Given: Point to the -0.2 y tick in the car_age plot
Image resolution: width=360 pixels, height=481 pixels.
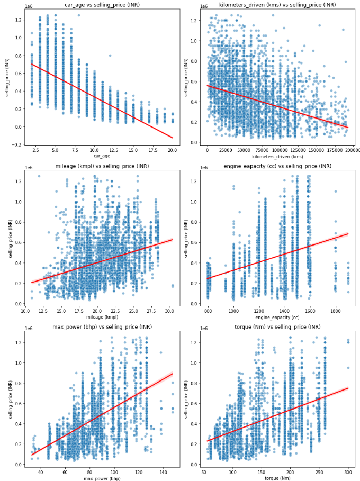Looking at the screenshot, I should tap(17, 144).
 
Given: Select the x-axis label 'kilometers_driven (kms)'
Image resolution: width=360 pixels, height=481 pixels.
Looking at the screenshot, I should tap(278, 156).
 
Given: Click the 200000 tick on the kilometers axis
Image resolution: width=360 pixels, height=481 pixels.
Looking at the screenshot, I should tap(353, 150).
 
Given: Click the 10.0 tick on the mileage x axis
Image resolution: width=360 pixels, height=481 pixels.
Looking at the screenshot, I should tap(25, 311).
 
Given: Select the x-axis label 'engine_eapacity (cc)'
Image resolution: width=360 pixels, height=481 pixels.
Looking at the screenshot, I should tap(278, 317).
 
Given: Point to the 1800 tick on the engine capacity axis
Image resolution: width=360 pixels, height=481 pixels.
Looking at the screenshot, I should tap(336, 311).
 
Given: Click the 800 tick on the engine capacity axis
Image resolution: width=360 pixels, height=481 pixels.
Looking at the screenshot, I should tap(208, 311).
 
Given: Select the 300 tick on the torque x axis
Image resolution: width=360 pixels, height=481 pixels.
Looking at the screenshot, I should tap(348, 472).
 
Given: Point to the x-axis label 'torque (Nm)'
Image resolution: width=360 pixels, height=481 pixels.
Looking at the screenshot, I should tap(278, 478).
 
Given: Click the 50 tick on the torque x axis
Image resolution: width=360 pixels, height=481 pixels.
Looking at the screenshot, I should tap(204, 472).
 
